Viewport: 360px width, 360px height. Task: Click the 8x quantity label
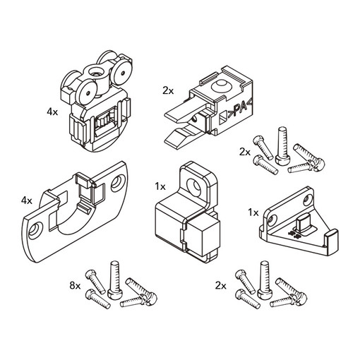click(x=75, y=286)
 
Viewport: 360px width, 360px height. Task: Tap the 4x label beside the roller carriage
click(x=52, y=112)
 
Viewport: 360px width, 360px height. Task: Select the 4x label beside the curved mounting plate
click(x=27, y=200)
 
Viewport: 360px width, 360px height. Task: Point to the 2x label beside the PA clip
click(x=168, y=91)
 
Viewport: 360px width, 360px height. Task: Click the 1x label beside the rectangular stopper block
click(x=160, y=187)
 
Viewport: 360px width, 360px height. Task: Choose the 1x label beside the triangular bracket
click(x=253, y=213)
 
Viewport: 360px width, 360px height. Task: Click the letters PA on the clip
click(x=239, y=109)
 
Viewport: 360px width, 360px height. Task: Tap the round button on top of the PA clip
click(x=221, y=86)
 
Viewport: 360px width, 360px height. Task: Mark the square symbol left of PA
click(x=224, y=117)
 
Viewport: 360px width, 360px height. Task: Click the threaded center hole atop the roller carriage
click(x=97, y=72)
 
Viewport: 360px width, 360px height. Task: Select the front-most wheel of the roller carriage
click(x=87, y=92)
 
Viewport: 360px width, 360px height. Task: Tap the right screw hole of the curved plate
click(x=118, y=181)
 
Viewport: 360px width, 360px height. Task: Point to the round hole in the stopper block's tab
click(x=193, y=186)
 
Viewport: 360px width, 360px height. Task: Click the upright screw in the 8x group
click(x=115, y=280)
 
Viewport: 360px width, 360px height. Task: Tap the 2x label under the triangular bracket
click(x=220, y=286)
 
